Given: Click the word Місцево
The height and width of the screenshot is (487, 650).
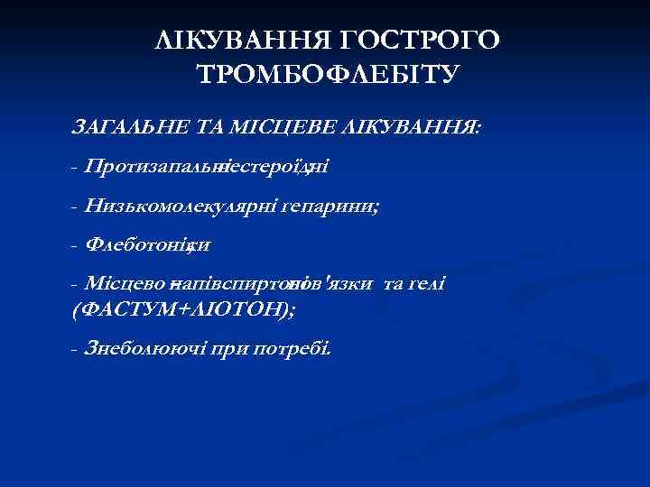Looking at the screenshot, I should pyautogui.click(x=121, y=284).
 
